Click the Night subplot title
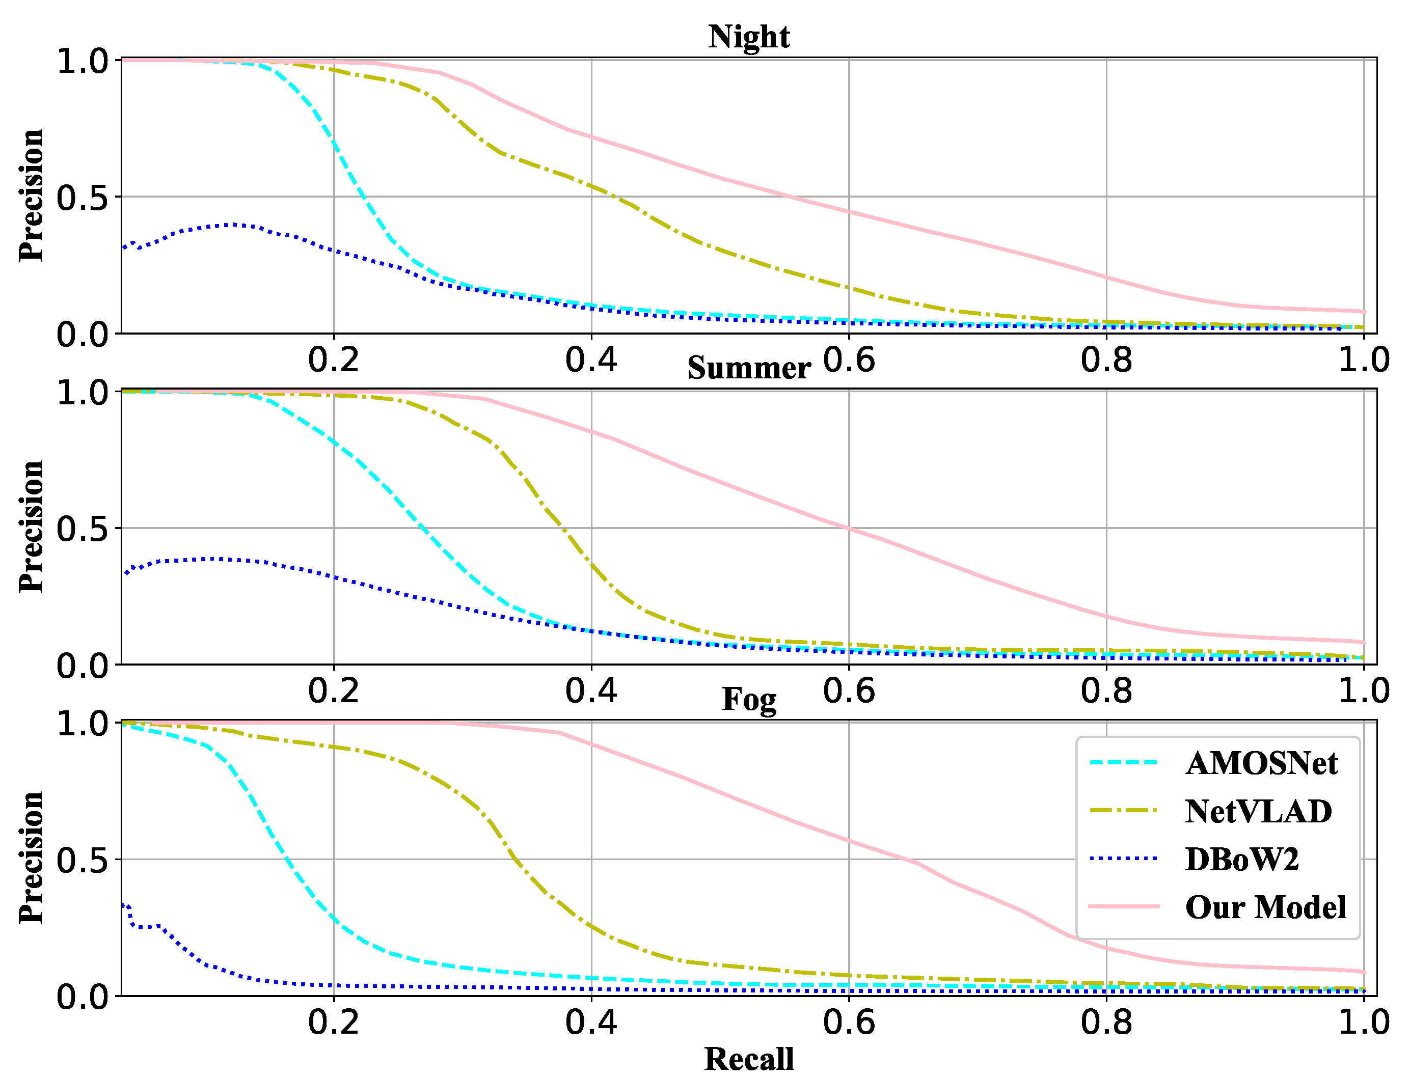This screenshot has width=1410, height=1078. click(748, 37)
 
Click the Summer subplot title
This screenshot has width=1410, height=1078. click(748, 368)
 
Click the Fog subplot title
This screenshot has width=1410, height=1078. click(748, 699)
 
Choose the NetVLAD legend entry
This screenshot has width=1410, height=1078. click(1257, 812)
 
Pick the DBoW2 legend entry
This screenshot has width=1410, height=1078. click(1241, 859)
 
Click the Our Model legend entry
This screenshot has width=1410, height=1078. click(1264, 907)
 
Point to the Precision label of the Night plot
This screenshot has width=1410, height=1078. click(31, 196)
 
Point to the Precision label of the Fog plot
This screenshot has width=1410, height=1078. click(31, 858)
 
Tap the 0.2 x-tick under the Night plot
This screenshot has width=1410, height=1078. click(333, 361)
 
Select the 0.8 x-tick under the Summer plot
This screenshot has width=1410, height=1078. click(1106, 691)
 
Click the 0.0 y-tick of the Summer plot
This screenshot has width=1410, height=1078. click(82, 667)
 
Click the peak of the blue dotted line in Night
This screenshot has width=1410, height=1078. click(234, 225)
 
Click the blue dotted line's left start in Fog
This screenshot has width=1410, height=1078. click(123, 905)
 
